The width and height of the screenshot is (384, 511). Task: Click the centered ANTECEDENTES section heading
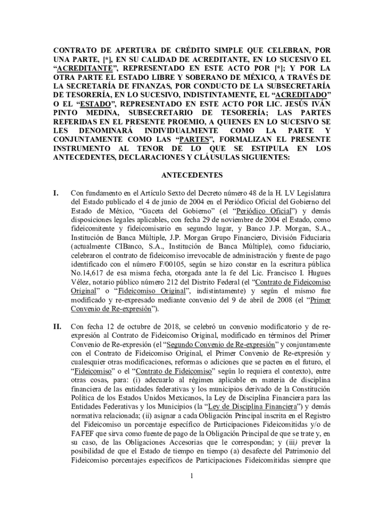[192, 175]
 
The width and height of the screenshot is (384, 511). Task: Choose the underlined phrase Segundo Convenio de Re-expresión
[220, 345]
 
